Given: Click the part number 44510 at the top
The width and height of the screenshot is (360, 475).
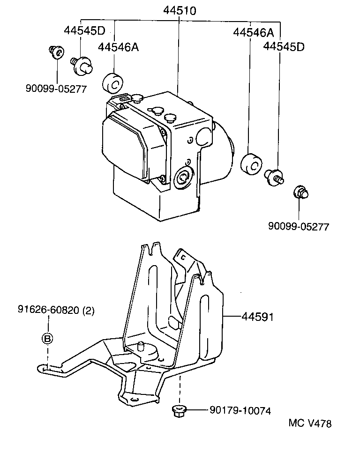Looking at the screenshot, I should [x=180, y=10].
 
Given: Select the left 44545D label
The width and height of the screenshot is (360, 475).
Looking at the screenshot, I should [x=85, y=30].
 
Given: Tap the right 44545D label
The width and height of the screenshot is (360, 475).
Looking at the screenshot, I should [x=284, y=46].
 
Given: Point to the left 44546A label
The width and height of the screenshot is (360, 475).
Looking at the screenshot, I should [x=118, y=47].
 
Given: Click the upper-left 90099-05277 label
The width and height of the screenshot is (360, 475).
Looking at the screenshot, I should [x=56, y=89].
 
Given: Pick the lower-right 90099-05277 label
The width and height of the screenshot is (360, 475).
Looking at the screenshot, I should [x=299, y=226].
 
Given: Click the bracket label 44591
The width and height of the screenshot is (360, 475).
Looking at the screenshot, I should [x=257, y=317].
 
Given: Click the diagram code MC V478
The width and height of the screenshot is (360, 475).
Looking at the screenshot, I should [x=310, y=423].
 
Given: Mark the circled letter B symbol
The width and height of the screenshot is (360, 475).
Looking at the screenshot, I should [x=47, y=338].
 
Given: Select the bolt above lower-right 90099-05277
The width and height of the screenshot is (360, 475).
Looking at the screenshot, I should [x=300, y=192].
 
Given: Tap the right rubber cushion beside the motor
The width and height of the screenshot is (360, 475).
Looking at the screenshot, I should [x=251, y=163].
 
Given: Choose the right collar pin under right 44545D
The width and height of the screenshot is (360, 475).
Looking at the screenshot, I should [x=274, y=176].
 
